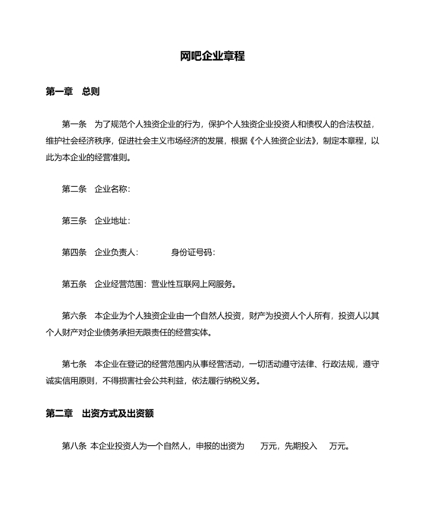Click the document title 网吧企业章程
[x=212, y=57]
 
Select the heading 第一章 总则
[x=73, y=92]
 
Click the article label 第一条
[x=74, y=123]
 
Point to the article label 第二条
[x=74, y=188]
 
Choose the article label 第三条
[x=74, y=220]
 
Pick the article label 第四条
[x=74, y=252]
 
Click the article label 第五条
[x=74, y=285]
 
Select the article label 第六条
[x=74, y=317]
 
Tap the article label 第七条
[x=74, y=363]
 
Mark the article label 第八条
[x=74, y=446]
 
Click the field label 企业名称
[x=112, y=188]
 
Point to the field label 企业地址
[x=112, y=220]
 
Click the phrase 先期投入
[x=300, y=446]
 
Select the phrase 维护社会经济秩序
[x=78, y=140]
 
